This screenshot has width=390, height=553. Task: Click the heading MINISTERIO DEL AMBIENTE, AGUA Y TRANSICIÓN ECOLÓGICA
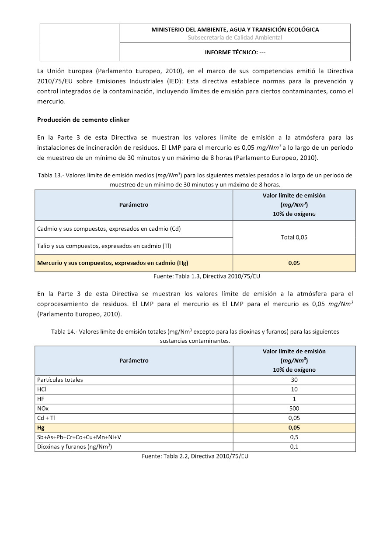pos(235,30)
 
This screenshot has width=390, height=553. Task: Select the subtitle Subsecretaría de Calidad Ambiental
pos(235,38)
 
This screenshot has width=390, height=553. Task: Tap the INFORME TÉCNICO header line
pos(235,53)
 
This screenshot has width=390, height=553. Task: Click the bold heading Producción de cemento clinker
pos(83,120)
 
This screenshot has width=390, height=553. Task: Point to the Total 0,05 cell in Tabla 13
pos(294,237)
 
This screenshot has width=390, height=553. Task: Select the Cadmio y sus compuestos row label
pos(109,229)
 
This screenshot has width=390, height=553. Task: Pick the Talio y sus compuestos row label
pos(104,246)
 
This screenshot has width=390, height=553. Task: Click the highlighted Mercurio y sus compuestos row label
pos(113,263)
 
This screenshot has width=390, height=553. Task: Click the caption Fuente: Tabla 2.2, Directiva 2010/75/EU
pos(195,456)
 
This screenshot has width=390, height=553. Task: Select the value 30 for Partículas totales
pos(294,380)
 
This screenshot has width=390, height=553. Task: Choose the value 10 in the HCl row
pos(294,389)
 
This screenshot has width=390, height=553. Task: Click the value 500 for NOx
pos(294,409)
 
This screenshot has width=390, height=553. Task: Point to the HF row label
pos(41,399)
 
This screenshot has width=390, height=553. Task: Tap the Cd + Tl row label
pos(46,418)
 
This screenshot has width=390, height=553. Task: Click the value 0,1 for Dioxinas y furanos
pos(294,447)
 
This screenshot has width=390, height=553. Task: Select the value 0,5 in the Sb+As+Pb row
pos(294,437)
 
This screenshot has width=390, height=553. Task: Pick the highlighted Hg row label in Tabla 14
pos(41,428)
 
